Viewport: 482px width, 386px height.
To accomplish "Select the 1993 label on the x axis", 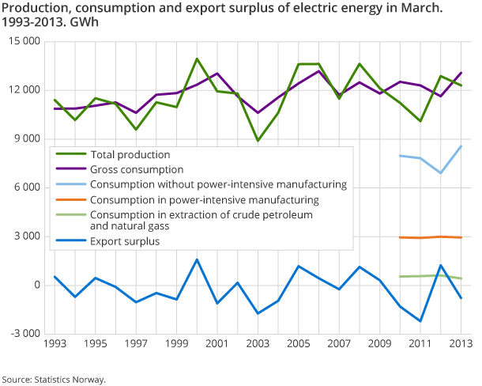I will pyautogui.click(x=55, y=344).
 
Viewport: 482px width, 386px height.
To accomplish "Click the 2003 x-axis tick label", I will pyautogui.click(x=258, y=344).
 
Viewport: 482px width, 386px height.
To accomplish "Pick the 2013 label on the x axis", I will pyautogui.click(x=460, y=344).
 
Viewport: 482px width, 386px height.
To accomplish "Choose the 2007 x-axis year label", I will pyautogui.click(x=339, y=344).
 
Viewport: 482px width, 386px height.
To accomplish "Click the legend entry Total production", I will pyautogui.click(x=130, y=154).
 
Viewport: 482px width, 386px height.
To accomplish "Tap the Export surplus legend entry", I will pyautogui.click(x=125, y=241).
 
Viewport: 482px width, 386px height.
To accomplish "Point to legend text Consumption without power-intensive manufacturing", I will pyautogui.click(x=218, y=184).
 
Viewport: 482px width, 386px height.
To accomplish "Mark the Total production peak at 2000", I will pyautogui.click(x=197, y=59).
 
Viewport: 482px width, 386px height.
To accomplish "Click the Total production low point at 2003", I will pyautogui.click(x=258, y=141).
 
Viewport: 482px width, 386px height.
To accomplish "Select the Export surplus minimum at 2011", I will pyautogui.click(x=420, y=321).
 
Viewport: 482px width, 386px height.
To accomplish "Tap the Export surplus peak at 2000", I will pyautogui.click(x=197, y=259).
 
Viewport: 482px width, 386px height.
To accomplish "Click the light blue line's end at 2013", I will pyautogui.click(x=461, y=146).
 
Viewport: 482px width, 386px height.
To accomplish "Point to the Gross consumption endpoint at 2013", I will pyautogui.click(x=461, y=73).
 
